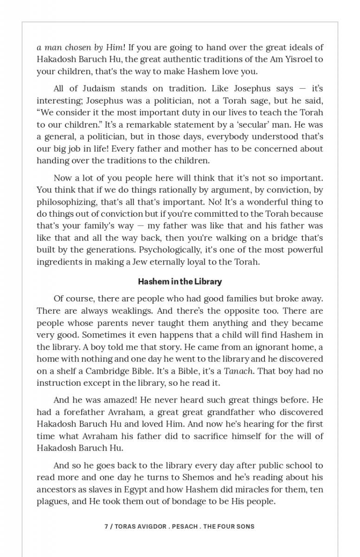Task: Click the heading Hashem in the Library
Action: [x=180, y=282]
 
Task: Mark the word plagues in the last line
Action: [x=51, y=502]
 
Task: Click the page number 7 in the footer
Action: [x=106, y=526]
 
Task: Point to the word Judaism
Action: [x=95, y=89]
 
